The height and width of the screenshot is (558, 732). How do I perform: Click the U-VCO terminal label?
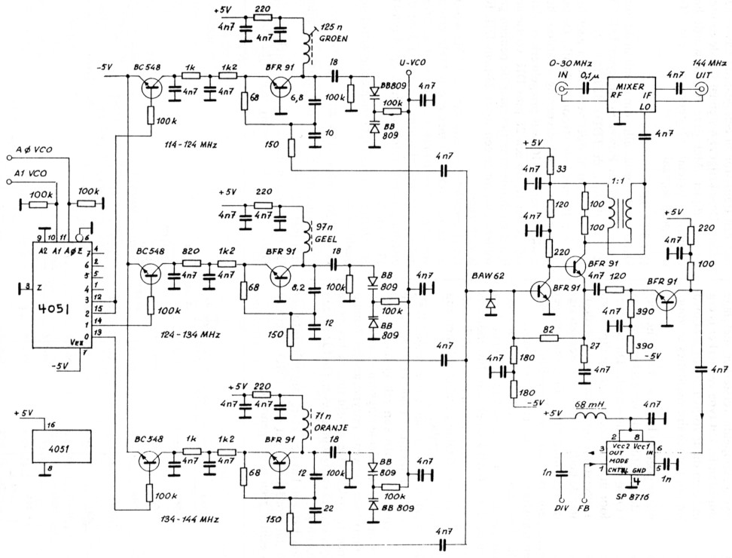pos(408,63)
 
